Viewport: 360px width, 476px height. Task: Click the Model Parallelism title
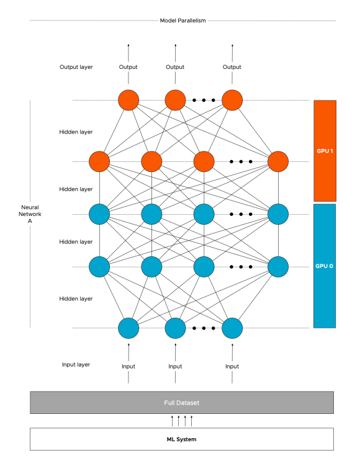pos(182,20)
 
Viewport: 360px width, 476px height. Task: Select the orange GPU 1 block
pos(325,151)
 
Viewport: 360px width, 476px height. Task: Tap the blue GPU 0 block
pos(325,266)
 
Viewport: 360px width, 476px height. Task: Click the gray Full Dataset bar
pos(182,402)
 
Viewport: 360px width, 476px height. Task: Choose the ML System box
pos(182,439)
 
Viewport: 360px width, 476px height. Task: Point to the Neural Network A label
pos(30,214)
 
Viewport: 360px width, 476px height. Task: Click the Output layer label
pos(76,67)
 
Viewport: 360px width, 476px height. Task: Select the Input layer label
pos(76,364)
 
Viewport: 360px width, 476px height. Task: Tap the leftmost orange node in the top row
pos(128,100)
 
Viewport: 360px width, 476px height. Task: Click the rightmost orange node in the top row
pos(232,100)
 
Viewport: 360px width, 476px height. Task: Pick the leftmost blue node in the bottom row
pos(128,328)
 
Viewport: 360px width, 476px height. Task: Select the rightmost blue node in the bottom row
pos(232,328)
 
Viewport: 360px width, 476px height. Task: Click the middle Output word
pos(175,67)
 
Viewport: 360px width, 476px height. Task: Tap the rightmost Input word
pos(232,366)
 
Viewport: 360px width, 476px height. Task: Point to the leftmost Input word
pos(128,366)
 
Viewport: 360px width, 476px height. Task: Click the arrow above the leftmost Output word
pos(128,51)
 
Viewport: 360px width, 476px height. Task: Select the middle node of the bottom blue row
pos(175,328)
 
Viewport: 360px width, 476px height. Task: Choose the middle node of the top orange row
pos(175,100)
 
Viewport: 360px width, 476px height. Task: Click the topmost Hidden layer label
pos(76,132)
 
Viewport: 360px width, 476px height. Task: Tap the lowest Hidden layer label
pos(76,299)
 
